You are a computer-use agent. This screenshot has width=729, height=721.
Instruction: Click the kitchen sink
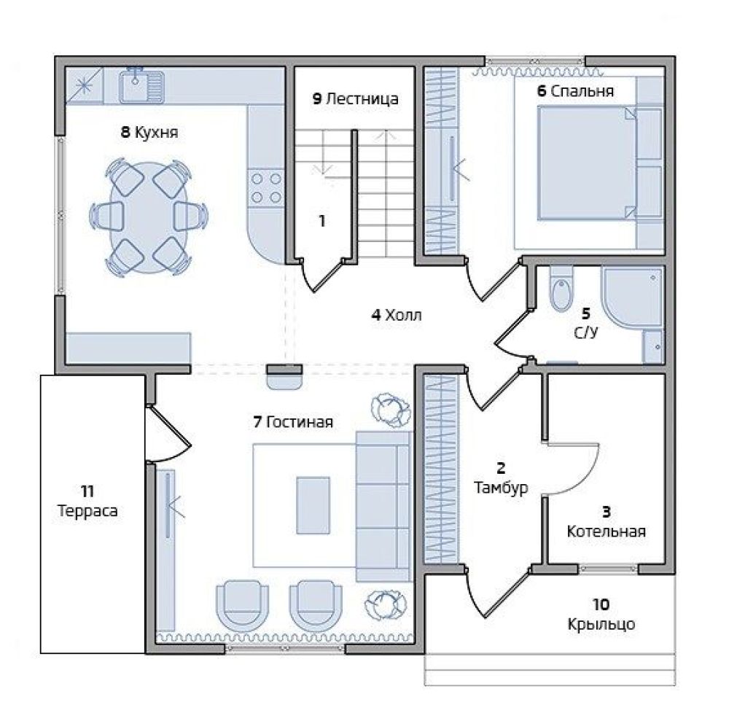[141, 87]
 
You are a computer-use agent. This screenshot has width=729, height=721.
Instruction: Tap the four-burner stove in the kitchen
[266, 187]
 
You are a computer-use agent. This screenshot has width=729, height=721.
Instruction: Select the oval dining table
[149, 217]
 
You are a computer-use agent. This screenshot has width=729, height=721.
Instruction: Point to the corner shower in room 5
[632, 298]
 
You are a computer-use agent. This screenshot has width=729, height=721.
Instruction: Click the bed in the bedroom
[587, 163]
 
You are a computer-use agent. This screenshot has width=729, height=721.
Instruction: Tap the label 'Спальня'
[582, 91]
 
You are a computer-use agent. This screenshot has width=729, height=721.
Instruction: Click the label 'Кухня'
[156, 133]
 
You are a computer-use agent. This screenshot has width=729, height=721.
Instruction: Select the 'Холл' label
[404, 315]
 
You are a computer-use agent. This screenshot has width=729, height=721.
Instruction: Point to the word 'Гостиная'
[300, 422]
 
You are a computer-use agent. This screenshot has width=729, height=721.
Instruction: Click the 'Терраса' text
[87, 511]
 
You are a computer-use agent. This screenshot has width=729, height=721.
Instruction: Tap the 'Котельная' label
[607, 531]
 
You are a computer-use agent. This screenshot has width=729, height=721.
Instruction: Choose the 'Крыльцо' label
[601, 624]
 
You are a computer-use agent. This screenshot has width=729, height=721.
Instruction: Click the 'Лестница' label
[362, 99]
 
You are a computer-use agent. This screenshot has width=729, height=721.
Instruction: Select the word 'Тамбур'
[501, 488]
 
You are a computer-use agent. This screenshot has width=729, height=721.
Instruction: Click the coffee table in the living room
[313, 505]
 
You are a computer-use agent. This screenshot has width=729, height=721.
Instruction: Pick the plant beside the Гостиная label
[391, 409]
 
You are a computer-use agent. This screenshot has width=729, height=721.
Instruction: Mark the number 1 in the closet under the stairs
[321, 222]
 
